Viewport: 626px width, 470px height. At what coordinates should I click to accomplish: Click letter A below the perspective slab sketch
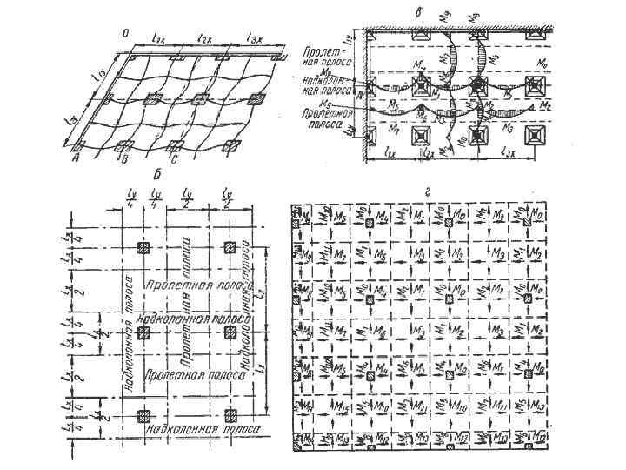point(77,158)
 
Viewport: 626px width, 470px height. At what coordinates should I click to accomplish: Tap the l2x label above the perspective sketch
point(206,37)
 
